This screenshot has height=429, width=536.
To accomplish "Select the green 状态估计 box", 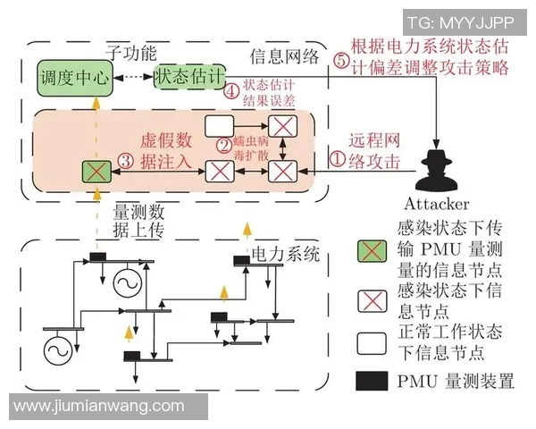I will coord(188,78).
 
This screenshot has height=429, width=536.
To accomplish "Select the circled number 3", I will coord(127,162).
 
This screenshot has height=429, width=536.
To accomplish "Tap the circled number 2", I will coord(224,143).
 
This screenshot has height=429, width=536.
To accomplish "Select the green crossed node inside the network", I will coord(93,169).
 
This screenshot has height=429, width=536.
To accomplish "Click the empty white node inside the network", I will coord(220,124).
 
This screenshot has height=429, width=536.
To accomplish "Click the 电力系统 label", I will coord(284,254).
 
